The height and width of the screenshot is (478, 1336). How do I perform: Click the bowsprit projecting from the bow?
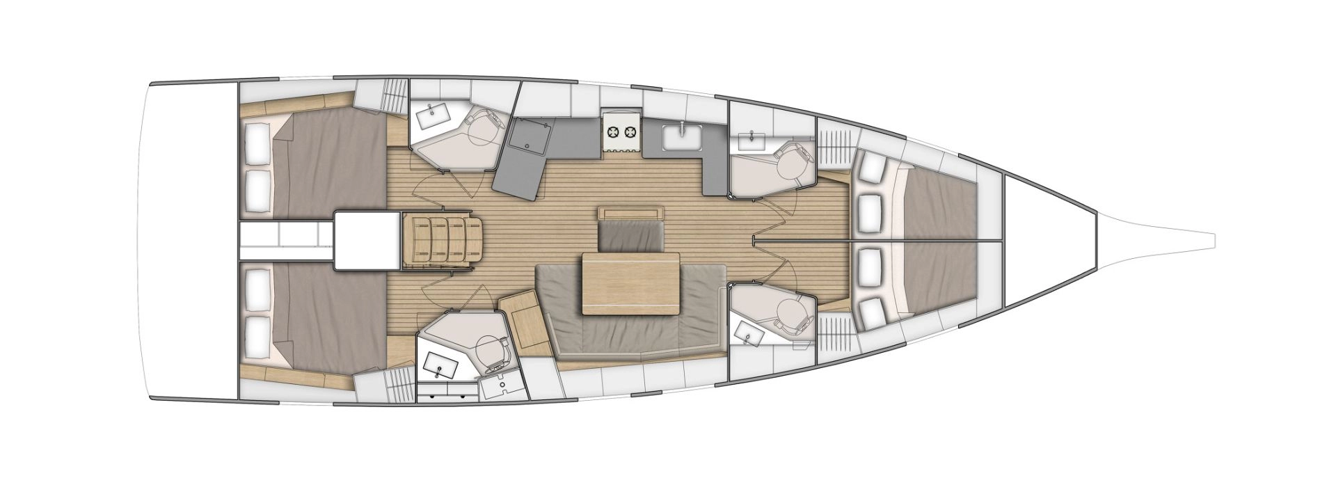coord(1148,238)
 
